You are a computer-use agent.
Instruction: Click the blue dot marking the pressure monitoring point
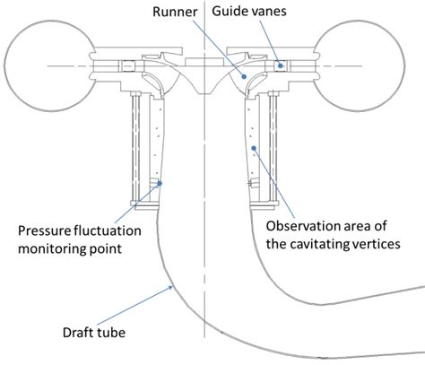(160, 184)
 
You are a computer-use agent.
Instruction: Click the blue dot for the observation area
(256, 147)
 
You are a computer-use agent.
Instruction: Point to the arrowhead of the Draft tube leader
(172, 284)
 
